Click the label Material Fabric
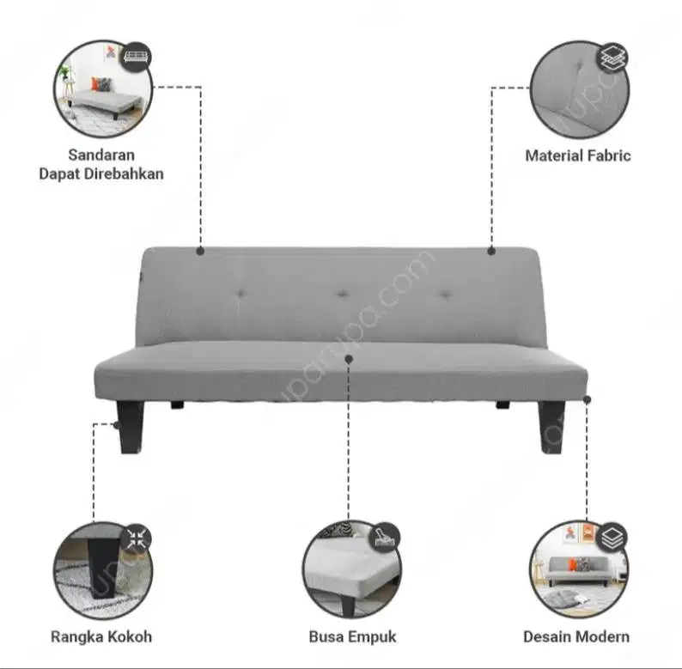click(x=577, y=155)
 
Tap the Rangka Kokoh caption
click(x=101, y=637)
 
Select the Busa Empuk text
click(x=352, y=637)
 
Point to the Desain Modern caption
click(x=576, y=637)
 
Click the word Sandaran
click(x=101, y=155)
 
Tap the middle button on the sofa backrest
click(x=343, y=295)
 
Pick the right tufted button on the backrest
click(x=445, y=295)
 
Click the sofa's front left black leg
click(x=131, y=429)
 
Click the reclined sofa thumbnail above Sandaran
click(x=102, y=90)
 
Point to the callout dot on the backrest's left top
click(x=200, y=251)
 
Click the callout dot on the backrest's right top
click(x=491, y=251)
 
